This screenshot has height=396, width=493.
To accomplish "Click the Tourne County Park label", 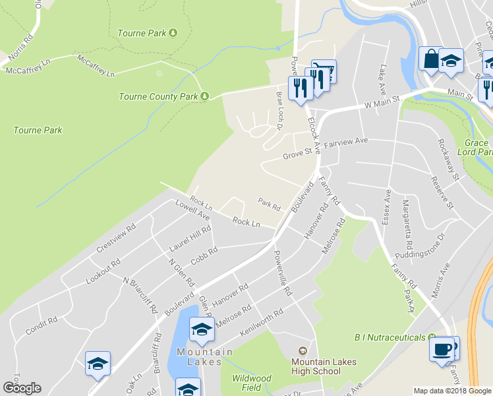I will pos(158,96).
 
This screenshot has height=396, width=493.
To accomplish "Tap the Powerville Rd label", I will pos(282,272).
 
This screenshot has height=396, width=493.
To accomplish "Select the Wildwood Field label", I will pos(251,383).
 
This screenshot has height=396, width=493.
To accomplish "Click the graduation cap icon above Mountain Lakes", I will pos(202,329).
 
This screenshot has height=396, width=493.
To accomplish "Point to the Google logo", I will pos(22,388).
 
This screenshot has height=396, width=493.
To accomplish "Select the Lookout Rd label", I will pos(103,272).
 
